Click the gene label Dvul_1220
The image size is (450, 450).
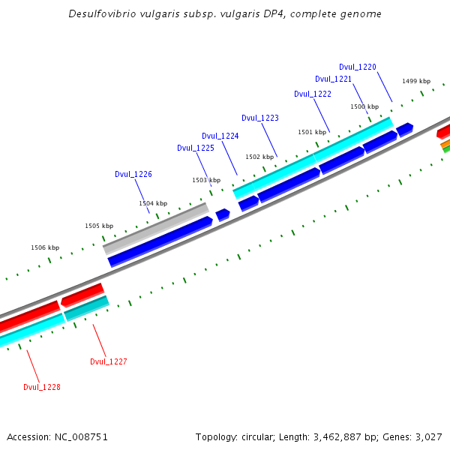(357, 67)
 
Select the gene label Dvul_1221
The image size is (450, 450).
(333, 79)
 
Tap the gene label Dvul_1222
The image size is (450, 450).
(312, 94)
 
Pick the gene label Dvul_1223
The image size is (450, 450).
(259, 118)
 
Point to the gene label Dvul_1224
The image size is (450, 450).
(220, 136)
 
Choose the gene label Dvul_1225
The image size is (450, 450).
(195, 148)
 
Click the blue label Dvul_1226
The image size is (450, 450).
(133, 174)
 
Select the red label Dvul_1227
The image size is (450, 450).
(108, 361)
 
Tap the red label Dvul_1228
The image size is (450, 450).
(41, 387)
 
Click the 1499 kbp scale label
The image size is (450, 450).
(415, 81)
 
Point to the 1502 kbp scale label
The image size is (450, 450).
(259, 157)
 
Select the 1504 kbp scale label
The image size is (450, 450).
(152, 203)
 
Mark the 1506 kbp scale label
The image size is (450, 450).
(44, 247)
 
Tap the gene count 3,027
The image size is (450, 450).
(427, 436)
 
